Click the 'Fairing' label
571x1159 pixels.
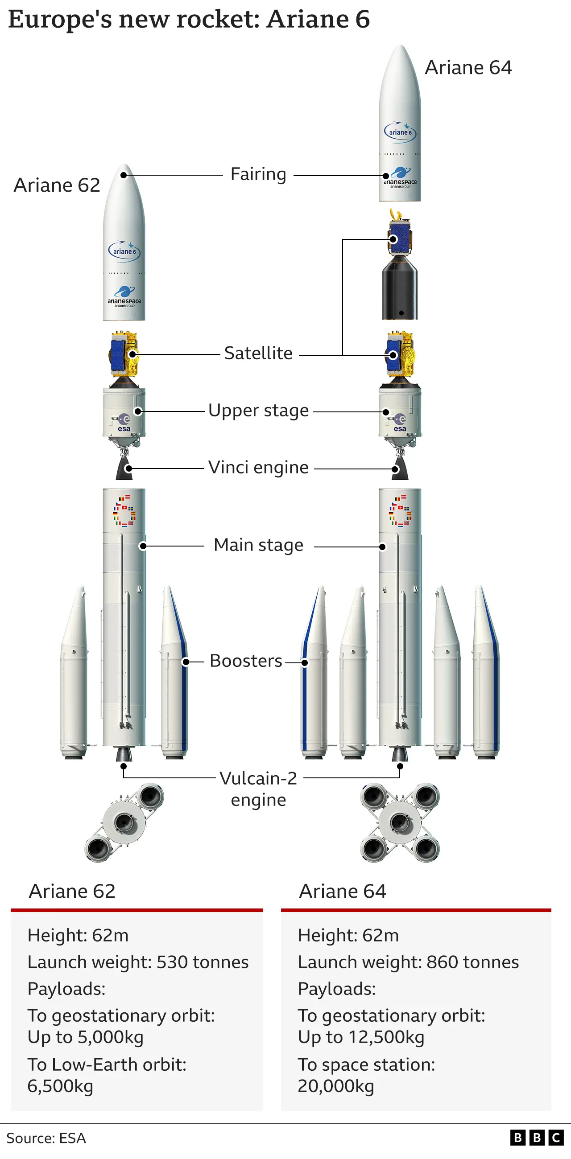(x=258, y=175)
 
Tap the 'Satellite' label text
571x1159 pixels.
(x=258, y=353)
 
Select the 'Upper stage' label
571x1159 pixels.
(x=258, y=411)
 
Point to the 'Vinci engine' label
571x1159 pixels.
(x=258, y=468)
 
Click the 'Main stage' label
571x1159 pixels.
(x=258, y=545)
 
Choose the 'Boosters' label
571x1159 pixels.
(x=246, y=661)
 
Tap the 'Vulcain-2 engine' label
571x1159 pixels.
(x=258, y=789)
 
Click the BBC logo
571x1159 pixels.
(x=536, y=1138)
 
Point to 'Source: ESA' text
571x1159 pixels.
(x=46, y=1138)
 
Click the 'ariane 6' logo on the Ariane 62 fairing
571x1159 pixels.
(x=124, y=251)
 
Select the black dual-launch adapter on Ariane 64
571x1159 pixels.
(x=399, y=288)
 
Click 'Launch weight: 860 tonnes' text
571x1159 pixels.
(x=408, y=962)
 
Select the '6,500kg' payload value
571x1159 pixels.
(x=60, y=1086)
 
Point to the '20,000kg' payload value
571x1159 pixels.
(x=336, y=1086)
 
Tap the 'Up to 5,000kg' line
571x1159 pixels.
(x=86, y=1037)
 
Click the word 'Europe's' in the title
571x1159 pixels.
(x=60, y=20)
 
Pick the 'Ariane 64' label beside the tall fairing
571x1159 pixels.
(x=468, y=68)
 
